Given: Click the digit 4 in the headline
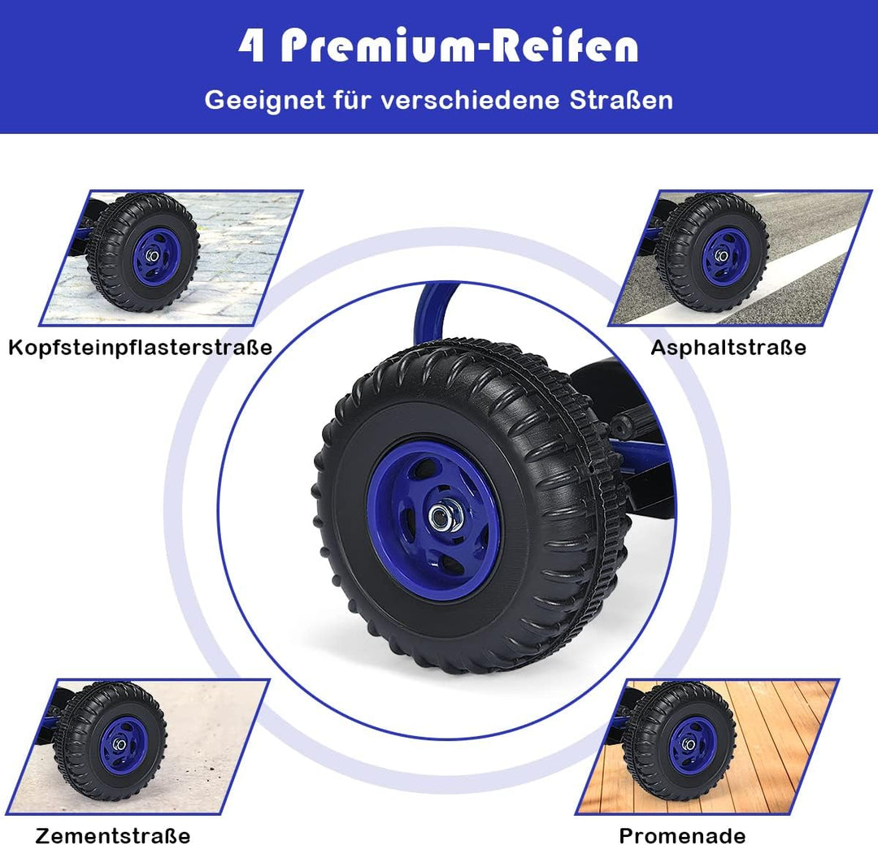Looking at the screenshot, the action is click(252, 45).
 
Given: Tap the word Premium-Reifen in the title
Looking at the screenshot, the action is click(459, 45).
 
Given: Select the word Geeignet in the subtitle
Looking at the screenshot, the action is click(264, 102).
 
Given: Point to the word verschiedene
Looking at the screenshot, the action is click(471, 100).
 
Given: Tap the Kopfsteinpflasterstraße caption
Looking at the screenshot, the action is click(140, 348).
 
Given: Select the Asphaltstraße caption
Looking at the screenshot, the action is click(728, 348).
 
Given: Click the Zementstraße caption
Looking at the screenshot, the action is click(112, 835).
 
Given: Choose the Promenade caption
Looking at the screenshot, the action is click(682, 835).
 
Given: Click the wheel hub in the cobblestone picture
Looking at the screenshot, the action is click(152, 256).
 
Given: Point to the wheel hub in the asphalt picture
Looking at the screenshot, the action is click(722, 256).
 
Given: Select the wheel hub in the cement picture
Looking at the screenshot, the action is click(120, 745).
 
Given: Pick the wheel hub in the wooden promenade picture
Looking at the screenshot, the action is click(689, 745).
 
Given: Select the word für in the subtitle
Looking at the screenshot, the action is click(353, 100).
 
